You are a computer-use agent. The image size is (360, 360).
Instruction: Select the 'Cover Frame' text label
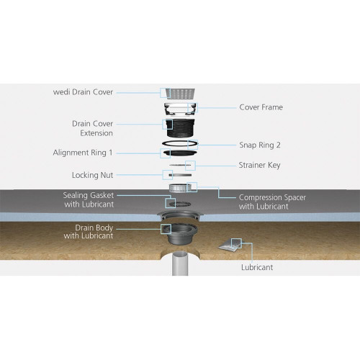tap(261, 107)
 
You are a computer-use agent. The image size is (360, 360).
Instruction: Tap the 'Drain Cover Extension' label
tap(91, 128)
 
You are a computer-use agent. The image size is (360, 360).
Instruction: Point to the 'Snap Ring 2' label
tap(260, 145)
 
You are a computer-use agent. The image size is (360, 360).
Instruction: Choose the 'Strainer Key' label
tap(260, 166)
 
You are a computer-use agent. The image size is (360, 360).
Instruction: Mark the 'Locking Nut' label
tap(92, 174)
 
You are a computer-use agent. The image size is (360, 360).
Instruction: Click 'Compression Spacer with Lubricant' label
tap(264, 202)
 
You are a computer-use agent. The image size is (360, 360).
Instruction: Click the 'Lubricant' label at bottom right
tap(257, 267)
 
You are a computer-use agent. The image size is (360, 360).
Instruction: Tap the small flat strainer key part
tap(181, 166)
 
